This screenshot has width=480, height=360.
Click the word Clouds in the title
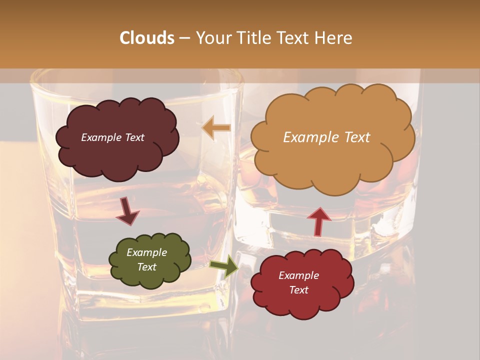pos(146,38)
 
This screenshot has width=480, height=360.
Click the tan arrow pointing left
pos(216,127)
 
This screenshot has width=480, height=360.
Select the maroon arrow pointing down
pos(127,211)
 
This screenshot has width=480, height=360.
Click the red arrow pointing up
pos(319,220)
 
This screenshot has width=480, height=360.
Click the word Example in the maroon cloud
pos(101,137)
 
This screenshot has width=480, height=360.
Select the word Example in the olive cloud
pos(146,252)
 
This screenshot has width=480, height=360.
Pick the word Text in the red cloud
pos(298,290)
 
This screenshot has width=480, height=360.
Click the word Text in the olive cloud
pos(146,267)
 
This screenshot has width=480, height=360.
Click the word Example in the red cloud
pos(298,275)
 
